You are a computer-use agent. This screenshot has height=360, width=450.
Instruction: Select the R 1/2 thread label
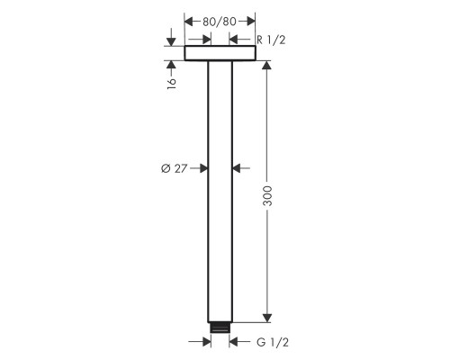click(x=272, y=40)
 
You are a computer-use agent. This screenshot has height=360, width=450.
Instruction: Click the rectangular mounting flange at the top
click(x=220, y=54)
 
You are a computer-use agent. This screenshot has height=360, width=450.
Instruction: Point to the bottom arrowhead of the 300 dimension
click(x=266, y=317)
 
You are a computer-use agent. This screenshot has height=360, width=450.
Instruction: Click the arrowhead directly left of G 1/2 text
click(x=236, y=342)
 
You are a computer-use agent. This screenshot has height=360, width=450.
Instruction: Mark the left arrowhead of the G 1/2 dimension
click(x=204, y=342)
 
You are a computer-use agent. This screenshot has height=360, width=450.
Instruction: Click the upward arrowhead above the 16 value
click(x=171, y=66)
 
